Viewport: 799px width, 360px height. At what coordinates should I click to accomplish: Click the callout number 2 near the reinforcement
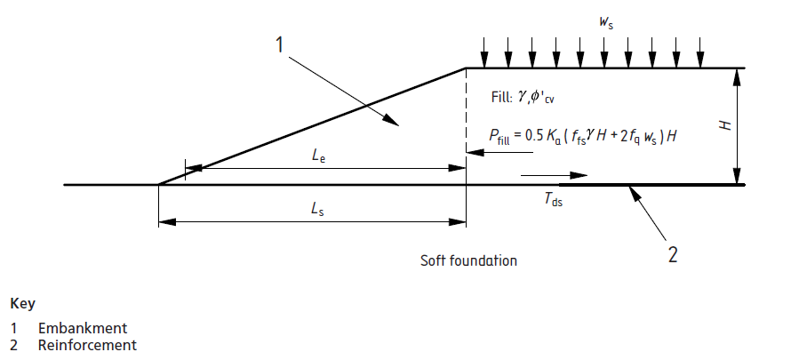coord(673,255)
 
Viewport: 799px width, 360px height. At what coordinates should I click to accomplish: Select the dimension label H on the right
coord(725,126)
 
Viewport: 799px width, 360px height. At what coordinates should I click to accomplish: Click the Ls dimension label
coord(316,208)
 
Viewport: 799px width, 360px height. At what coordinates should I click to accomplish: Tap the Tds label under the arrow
coord(554,201)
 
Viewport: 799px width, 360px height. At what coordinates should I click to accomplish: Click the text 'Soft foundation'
coord(468,261)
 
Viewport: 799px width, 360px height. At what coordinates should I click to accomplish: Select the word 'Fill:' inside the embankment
coord(503,97)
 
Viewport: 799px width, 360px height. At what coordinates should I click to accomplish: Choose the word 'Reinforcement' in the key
coord(87,345)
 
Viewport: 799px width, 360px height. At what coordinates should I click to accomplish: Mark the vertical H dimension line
coord(738,126)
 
